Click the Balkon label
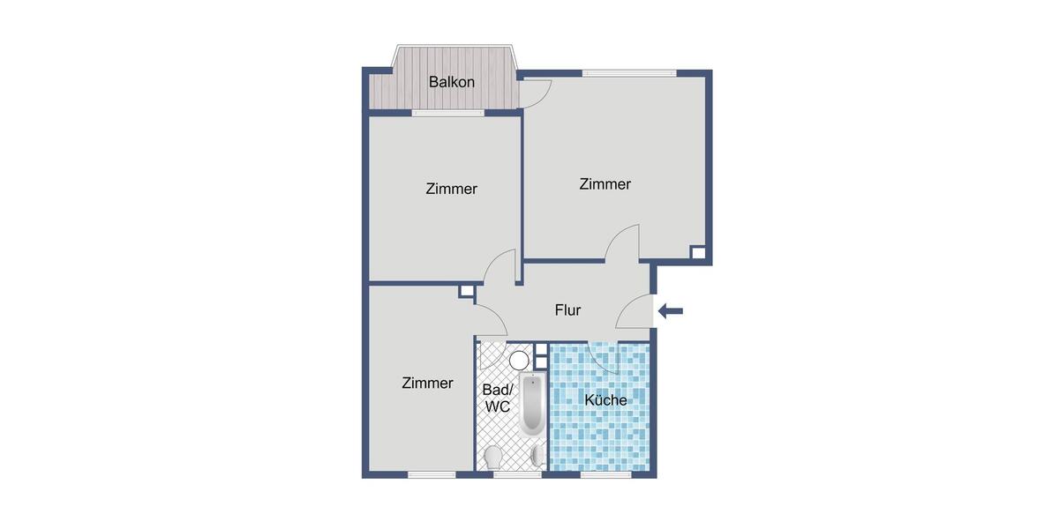[x=452, y=82]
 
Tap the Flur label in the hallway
[x=567, y=310]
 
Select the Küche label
[x=605, y=400]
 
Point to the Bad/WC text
[x=496, y=398]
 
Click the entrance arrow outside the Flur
[x=671, y=310]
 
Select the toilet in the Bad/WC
[x=493, y=457]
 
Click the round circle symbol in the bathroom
[x=519, y=360]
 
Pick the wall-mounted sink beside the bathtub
[x=540, y=455]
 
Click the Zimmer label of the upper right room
[x=605, y=184]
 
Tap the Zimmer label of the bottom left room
[x=427, y=384]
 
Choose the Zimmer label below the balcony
[x=451, y=189]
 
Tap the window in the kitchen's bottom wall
[x=605, y=474]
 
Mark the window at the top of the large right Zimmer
[x=628, y=72]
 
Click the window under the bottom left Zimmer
[x=432, y=474]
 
